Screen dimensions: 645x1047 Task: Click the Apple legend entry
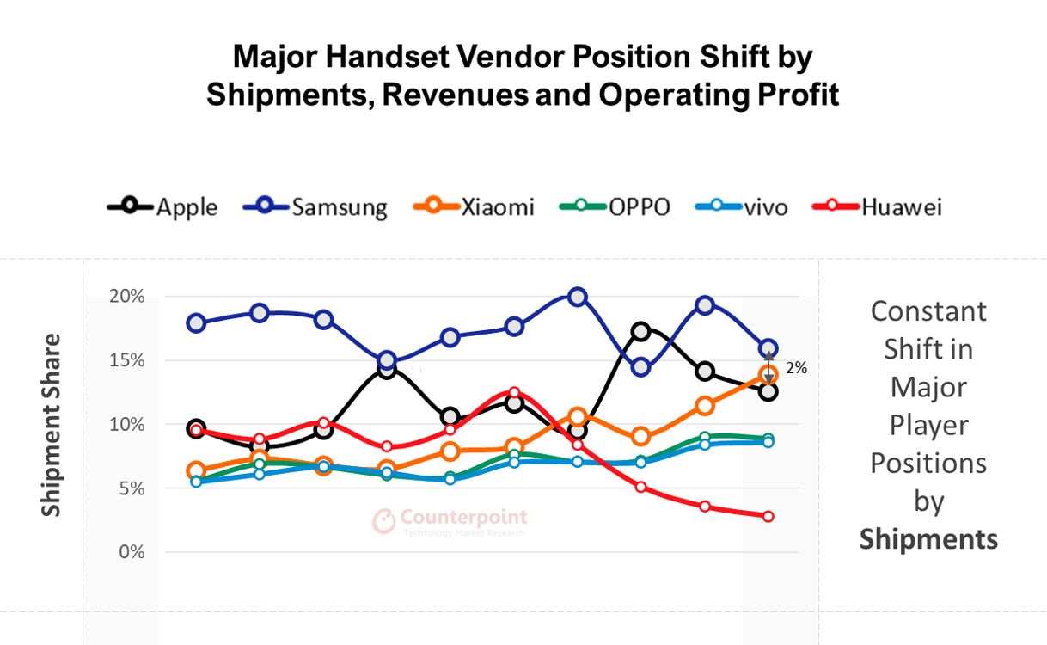tap(163, 207)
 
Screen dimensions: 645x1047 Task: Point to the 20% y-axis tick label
tap(126, 297)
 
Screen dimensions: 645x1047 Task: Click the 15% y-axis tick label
tap(126, 360)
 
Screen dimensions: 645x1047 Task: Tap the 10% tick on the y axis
tap(126, 424)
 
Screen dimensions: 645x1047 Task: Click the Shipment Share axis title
tap(52, 425)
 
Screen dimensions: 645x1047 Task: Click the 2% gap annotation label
tap(796, 368)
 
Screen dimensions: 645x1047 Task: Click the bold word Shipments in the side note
tap(928, 539)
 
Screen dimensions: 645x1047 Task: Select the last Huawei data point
tap(768, 516)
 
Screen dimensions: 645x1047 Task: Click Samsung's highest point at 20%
tap(578, 298)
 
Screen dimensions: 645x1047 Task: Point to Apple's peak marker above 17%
tap(640, 331)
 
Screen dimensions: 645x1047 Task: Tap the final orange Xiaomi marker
tap(768, 374)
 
